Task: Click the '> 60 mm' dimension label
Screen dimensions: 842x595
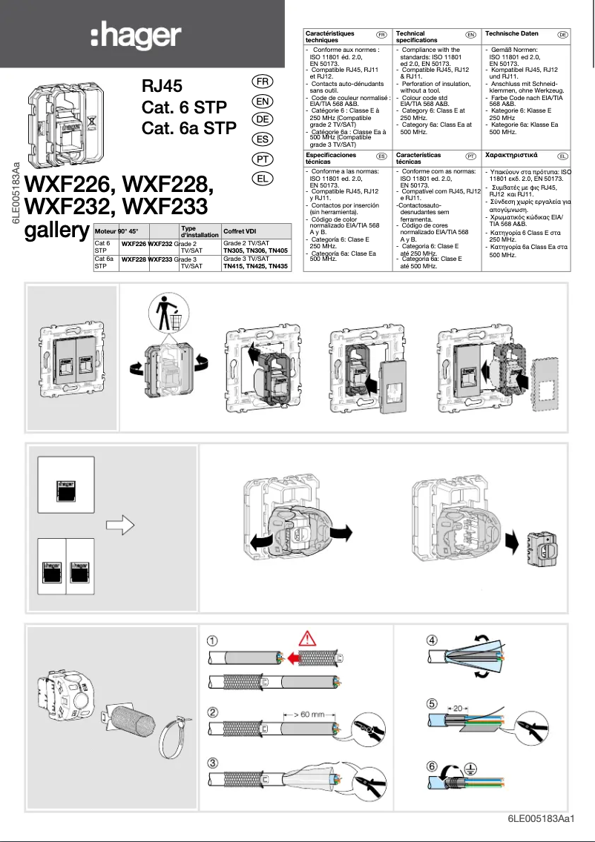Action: click(x=303, y=715)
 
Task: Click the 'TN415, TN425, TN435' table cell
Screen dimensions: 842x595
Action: click(x=255, y=265)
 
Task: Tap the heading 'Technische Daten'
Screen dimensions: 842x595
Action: click(x=511, y=34)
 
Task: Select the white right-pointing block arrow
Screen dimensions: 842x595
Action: click(x=119, y=525)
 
